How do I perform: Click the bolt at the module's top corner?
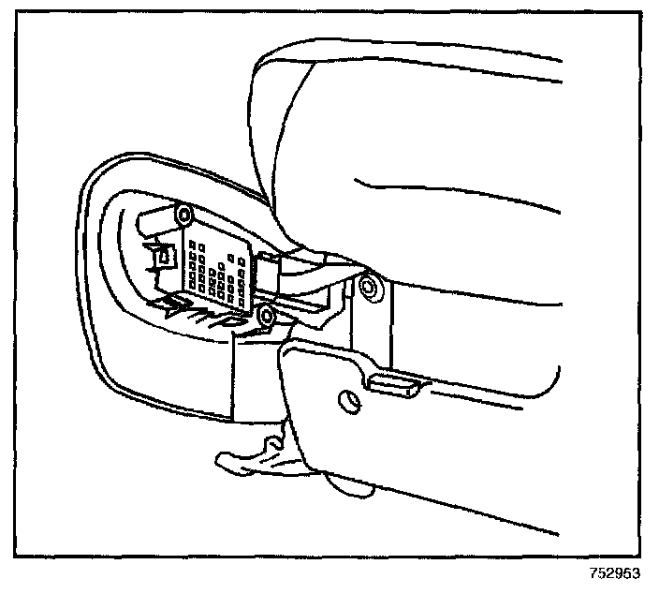(183, 214)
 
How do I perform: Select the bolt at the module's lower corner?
(267, 317)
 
